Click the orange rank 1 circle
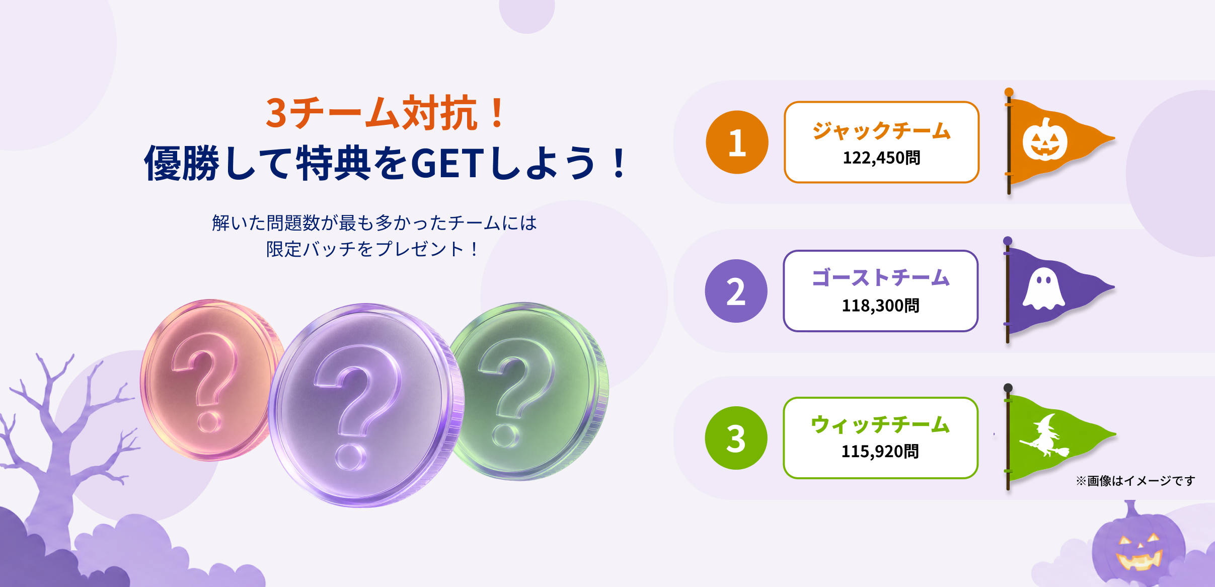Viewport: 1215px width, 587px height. click(x=737, y=142)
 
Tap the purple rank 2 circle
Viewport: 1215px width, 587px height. click(x=736, y=291)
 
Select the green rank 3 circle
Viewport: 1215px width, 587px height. click(x=736, y=438)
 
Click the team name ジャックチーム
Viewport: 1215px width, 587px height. click(x=881, y=131)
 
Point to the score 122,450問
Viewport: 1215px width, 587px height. click(x=881, y=158)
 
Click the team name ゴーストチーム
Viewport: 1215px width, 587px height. click(x=881, y=278)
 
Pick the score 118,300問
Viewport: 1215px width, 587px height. click(x=880, y=305)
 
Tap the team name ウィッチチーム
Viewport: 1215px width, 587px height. click(x=880, y=424)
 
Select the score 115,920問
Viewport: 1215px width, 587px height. click(x=880, y=451)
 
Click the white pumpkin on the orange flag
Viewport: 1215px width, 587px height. click(x=1045, y=139)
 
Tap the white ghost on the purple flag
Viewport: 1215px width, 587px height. click(x=1044, y=288)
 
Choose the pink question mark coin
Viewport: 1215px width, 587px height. click(x=211, y=380)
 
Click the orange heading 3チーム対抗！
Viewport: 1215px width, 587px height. click(x=385, y=113)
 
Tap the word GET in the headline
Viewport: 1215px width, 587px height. click(x=447, y=163)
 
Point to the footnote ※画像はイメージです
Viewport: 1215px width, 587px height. click(x=1135, y=481)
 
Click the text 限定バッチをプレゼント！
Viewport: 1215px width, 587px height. click(x=373, y=249)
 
